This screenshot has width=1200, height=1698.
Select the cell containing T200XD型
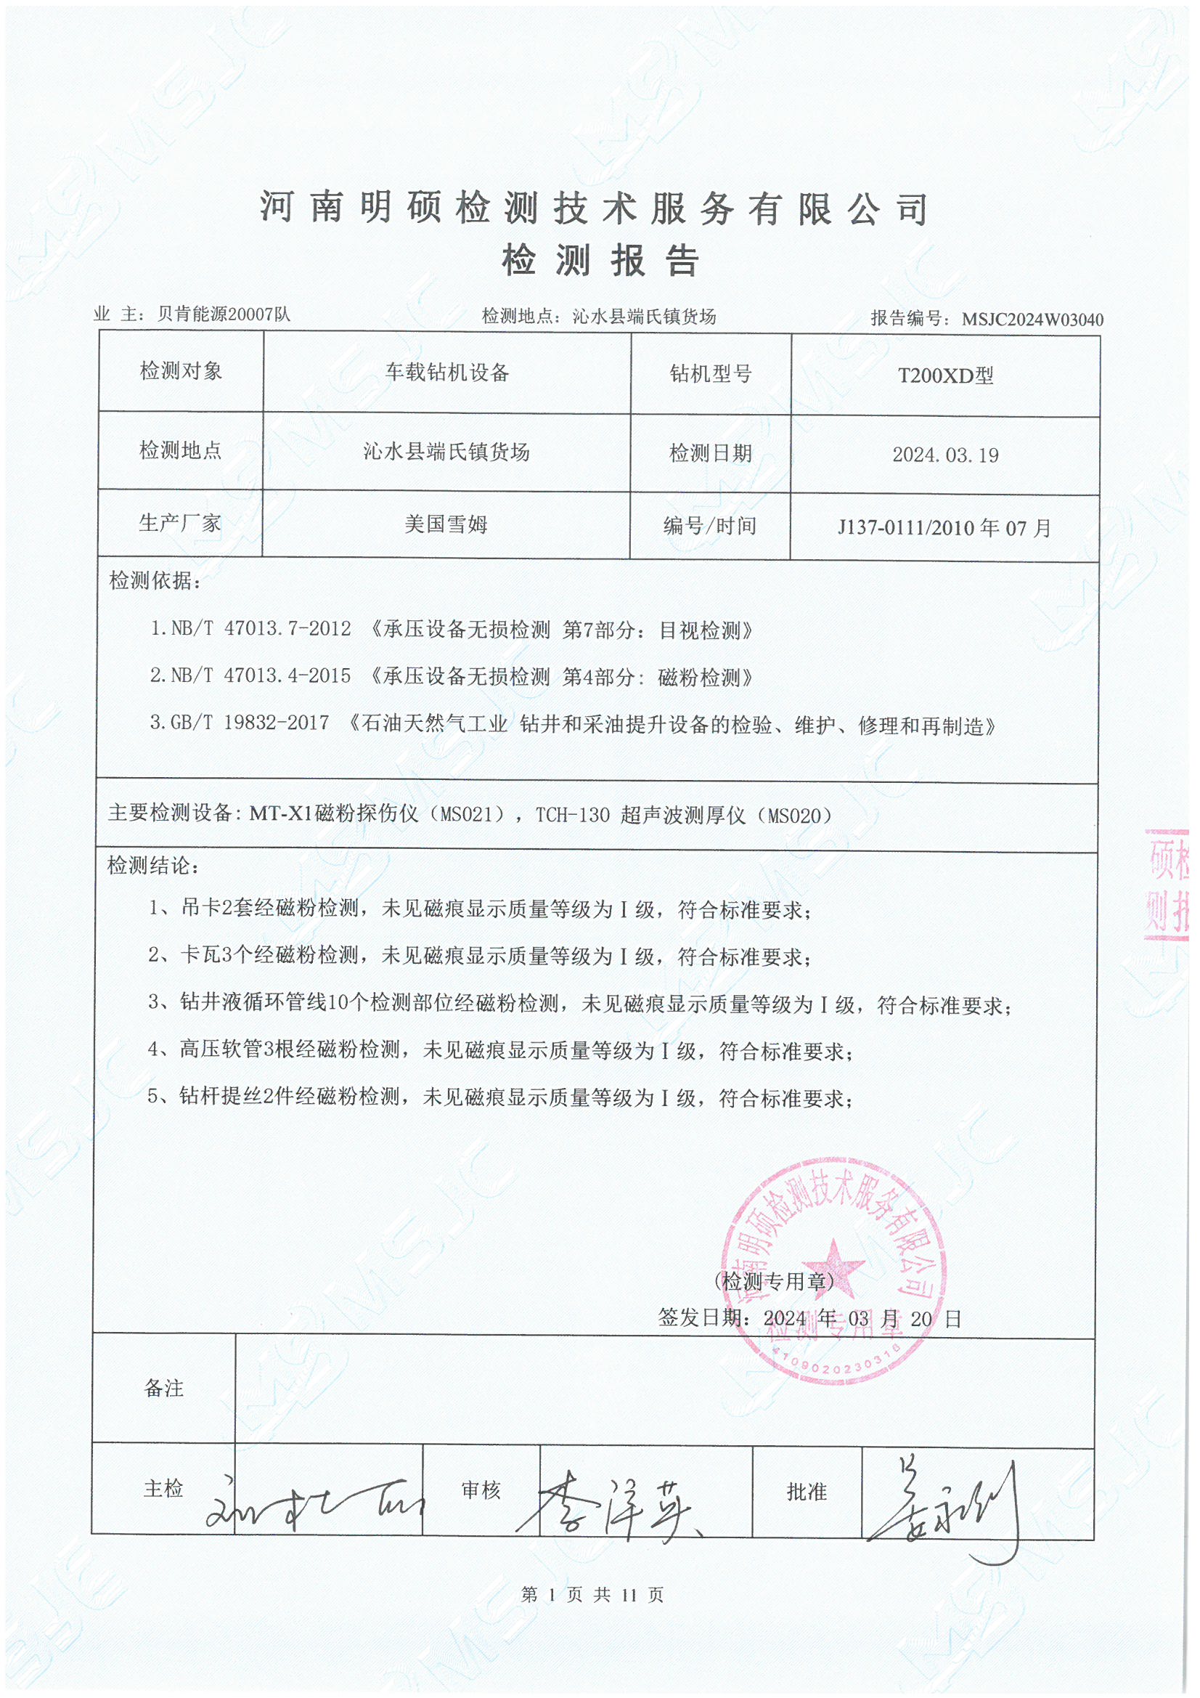coord(945,375)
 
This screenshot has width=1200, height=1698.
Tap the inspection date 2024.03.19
coord(945,455)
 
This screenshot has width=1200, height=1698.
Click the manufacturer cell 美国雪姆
coord(446,525)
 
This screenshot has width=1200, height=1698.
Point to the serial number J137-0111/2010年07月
coord(944,528)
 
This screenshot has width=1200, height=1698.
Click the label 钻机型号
coord(711,374)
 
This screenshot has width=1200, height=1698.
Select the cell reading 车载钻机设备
coord(446,373)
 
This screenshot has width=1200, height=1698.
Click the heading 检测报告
coord(600,260)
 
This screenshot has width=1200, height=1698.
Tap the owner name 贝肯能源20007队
coord(224,314)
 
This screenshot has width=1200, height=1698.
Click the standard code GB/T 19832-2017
coord(250,723)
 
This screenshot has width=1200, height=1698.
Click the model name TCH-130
coord(573,816)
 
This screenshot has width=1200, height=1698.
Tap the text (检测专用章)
coord(773,1282)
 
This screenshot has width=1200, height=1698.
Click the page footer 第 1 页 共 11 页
coord(592,1595)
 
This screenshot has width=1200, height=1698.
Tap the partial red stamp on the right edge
coord(1167,885)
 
